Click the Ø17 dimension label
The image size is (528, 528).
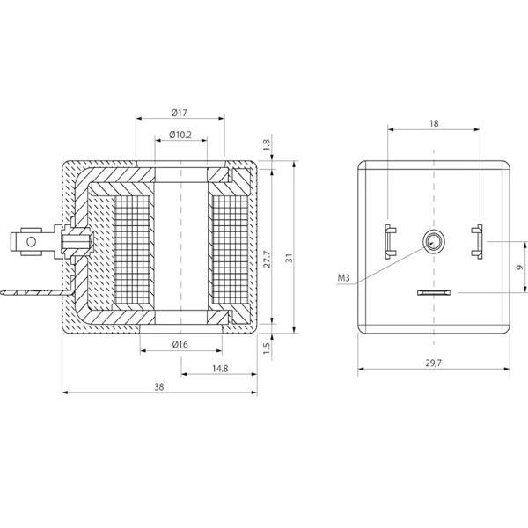tap(179, 113)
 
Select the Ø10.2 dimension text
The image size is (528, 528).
tap(180, 135)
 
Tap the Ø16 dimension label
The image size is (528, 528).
tap(180, 344)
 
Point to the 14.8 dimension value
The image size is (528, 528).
tap(220, 369)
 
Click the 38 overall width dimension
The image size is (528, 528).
tap(159, 387)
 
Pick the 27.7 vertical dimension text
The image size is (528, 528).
tap(267, 259)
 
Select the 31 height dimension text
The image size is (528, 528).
tap(290, 258)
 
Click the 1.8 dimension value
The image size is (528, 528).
tap(267, 145)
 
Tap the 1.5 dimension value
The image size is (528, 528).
tap(267, 348)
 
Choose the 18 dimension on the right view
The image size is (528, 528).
tap(434, 123)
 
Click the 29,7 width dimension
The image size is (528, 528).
tap(433, 363)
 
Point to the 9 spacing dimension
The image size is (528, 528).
tap(519, 267)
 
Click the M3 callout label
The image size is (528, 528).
tap(344, 278)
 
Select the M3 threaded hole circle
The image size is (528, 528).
tap(434, 241)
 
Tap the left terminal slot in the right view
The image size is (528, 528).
tap(390, 241)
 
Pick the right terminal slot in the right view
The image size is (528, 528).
tap(477, 241)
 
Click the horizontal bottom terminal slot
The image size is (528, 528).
tap(434, 292)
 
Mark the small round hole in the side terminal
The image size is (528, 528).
tap(32, 241)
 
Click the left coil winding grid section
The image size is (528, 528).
tap(132, 249)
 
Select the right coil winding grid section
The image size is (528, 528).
tap(231, 249)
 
